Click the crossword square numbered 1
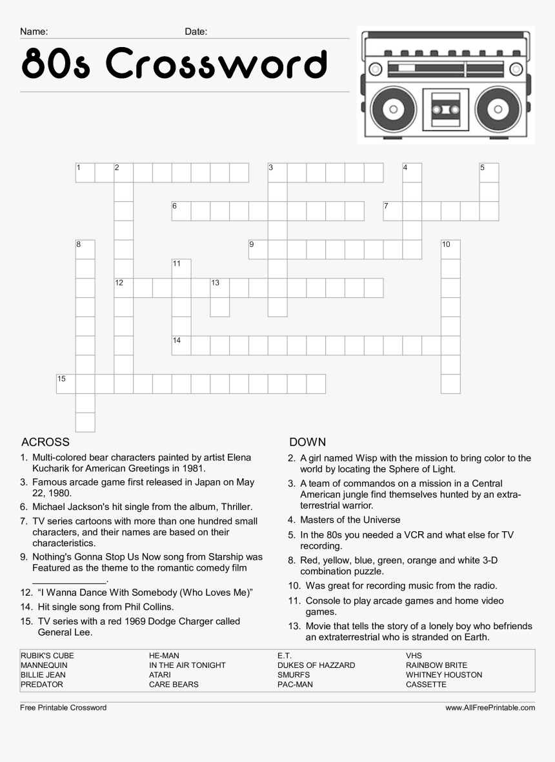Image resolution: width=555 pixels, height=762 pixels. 85,173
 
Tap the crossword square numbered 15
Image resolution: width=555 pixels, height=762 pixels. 66,384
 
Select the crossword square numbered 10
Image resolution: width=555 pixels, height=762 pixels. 450,249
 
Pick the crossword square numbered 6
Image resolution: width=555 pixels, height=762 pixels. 181,211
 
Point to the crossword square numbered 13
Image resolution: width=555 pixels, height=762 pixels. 220,288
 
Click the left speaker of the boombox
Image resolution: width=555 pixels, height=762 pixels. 390,109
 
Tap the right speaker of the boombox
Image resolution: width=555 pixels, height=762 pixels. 498,109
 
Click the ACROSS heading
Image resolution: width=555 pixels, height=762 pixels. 45,442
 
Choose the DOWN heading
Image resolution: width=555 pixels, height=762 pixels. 308,442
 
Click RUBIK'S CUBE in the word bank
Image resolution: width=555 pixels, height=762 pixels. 47,656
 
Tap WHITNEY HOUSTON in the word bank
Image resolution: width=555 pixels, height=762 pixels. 444,675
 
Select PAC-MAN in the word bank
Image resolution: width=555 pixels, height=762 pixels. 295,685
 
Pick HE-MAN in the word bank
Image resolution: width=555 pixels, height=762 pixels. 164,656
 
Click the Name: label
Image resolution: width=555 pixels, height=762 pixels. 34,32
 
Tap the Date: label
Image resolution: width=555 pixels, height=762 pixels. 196,32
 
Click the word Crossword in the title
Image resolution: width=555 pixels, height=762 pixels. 215,64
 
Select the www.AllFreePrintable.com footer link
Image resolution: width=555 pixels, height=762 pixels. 490,708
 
